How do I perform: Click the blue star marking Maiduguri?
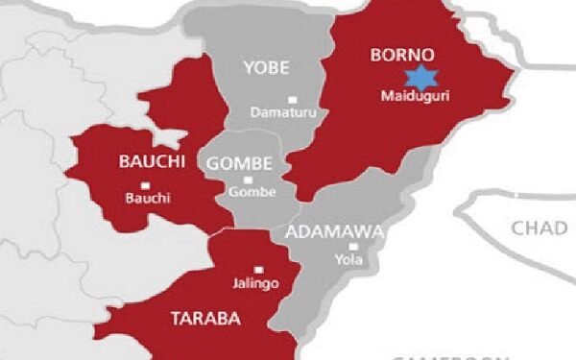coord(419,79)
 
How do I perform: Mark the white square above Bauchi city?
coord(144,184)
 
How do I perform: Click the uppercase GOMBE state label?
coord(240,163)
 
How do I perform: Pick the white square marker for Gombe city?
coord(249,179)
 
